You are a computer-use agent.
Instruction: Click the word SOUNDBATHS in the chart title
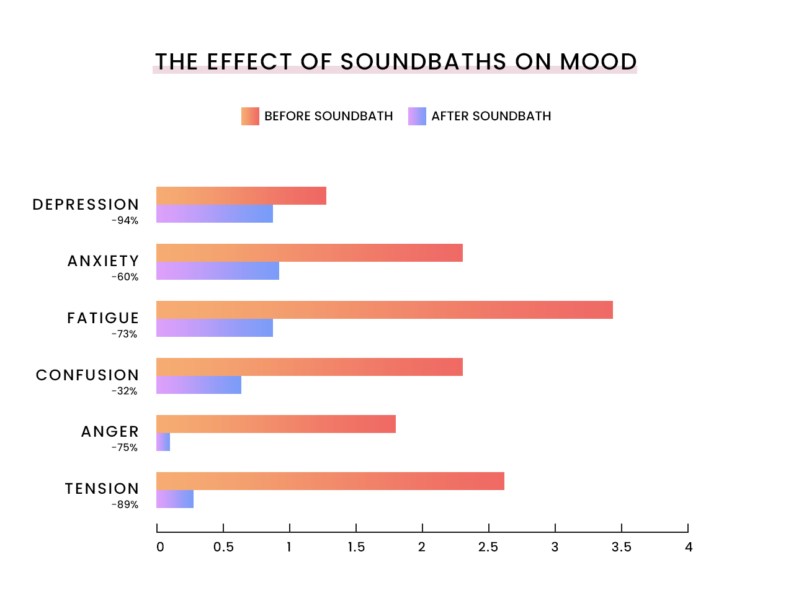423,62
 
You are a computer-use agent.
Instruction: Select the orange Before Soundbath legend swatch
250,116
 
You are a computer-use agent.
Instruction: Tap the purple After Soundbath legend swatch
417,116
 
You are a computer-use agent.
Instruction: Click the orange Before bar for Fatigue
384,310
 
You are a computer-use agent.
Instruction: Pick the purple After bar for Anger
163,442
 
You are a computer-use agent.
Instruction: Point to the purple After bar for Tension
175,499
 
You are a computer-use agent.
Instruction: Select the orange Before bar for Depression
241,195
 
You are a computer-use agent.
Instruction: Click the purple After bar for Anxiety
217,270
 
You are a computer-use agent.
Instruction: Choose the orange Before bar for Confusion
309,367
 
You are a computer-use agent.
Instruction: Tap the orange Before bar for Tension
330,481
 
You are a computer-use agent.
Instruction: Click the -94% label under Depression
125,221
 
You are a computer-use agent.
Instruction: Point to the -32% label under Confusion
124,391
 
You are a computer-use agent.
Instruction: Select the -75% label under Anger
124,448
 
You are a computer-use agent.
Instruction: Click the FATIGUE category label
103,318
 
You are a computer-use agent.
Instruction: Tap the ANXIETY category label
103,261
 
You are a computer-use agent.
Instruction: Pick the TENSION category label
102,489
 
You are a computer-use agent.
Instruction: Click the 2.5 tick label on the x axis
488,547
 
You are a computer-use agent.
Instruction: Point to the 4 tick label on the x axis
688,547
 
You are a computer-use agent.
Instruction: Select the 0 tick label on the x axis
160,547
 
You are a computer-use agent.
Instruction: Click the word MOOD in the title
598,62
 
